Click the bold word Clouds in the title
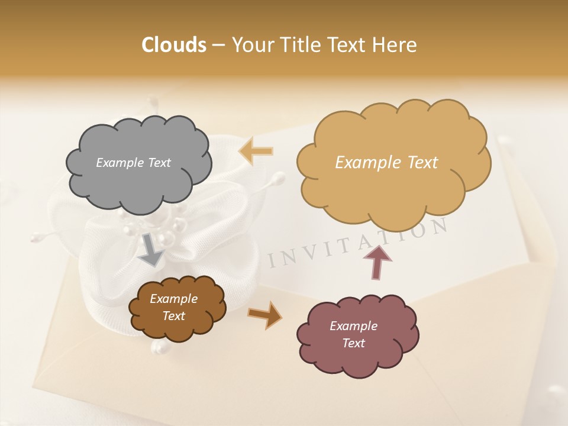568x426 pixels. pos(174,45)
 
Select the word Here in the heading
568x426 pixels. pos(395,45)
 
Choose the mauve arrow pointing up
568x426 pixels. pos(377,263)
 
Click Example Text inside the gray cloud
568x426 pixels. pos(133,163)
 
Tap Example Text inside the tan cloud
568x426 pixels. pos(386,163)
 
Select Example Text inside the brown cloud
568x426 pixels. pos(174,308)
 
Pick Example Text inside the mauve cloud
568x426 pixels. pos(353,334)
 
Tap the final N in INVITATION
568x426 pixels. pos(438,226)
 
